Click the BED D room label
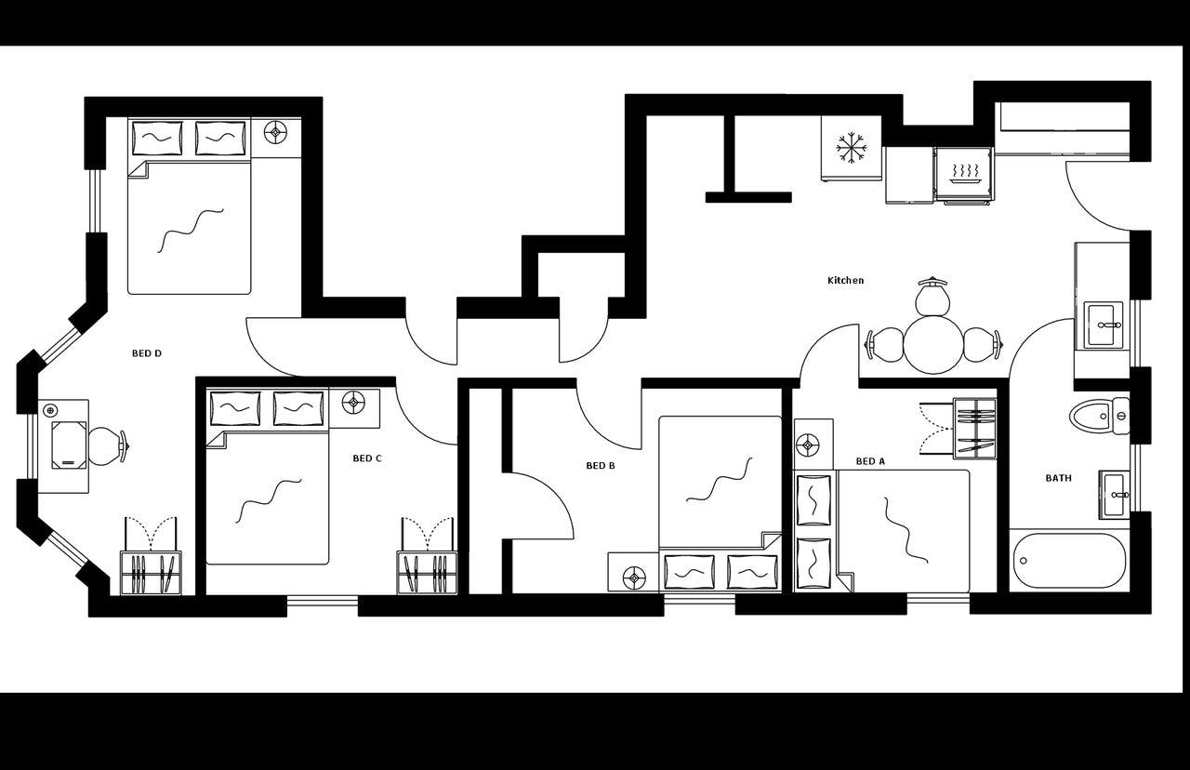coord(147,353)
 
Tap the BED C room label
coord(367,458)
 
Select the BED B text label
coord(600,466)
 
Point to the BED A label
coord(870,461)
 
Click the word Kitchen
coord(846,280)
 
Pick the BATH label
coord(1058,478)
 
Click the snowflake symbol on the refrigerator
coord(852,147)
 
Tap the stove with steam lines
coord(964,174)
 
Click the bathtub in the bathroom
coord(1068,561)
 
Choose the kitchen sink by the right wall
coord(1104,325)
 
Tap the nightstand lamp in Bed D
coord(274,133)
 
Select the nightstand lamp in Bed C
coord(353,403)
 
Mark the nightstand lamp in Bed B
coord(635,577)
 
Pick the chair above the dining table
coord(932,297)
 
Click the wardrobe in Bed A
coord(973,428)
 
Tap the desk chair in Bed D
coord(107,445)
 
